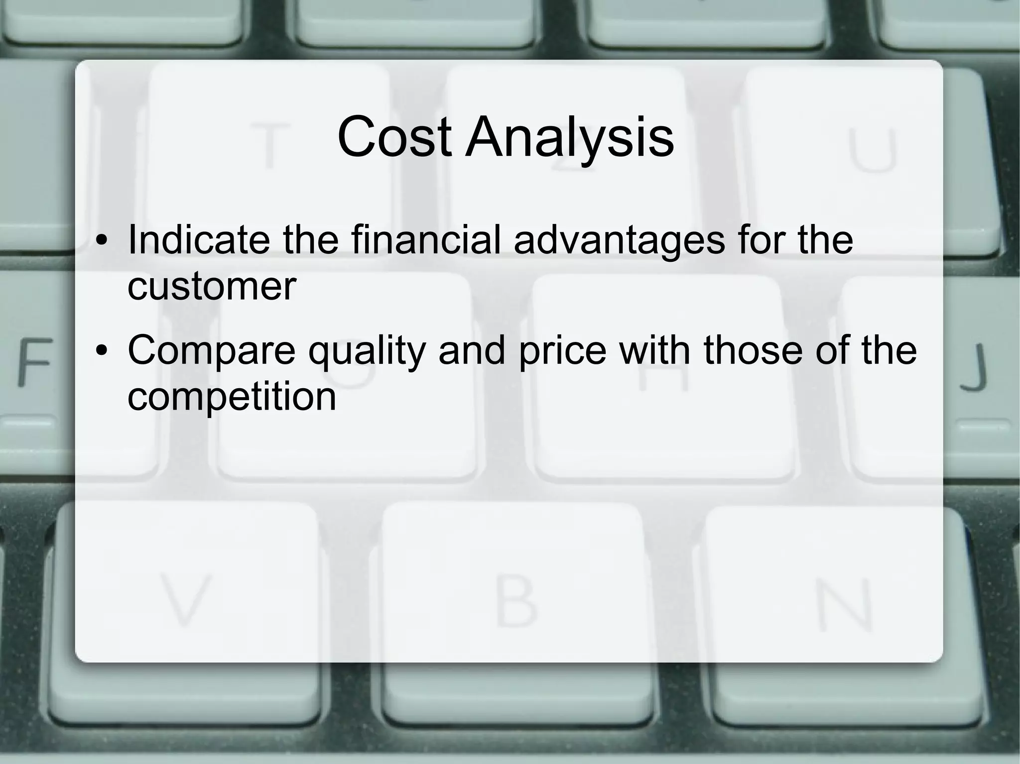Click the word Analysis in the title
570,138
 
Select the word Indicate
200,240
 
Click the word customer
212,287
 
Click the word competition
232,397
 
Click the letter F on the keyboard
34,362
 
